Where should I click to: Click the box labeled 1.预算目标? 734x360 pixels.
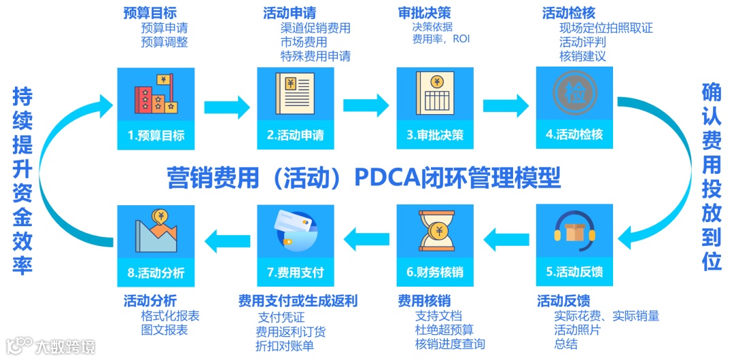(x=156, y=107)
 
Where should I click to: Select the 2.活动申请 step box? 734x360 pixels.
(x=296, y=107)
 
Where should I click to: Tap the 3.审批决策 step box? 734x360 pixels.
(x=435, y=107)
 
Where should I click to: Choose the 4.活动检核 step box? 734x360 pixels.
(x=574, y=107)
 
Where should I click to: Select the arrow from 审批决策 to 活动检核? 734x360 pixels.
(x=505, y=105)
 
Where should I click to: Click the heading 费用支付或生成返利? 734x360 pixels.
(x=298, y=301)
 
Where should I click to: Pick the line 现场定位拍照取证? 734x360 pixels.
(x=606, y=29)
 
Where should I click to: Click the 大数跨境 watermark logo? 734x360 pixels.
(x=51, y=346)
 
